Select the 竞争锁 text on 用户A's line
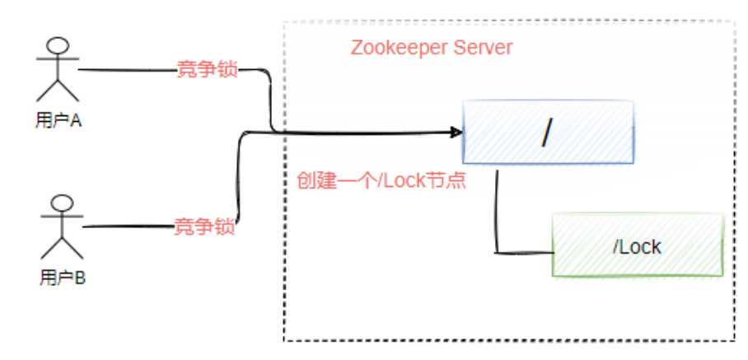[x=208, y=70]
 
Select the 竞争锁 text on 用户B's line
[x=204, y=226]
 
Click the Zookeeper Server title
[x=432, y=47]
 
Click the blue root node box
[x=548, y=132]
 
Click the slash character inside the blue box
[x=547, y=133]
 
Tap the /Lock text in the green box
[x=638, y=246]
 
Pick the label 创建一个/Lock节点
[x=381, y=180]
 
